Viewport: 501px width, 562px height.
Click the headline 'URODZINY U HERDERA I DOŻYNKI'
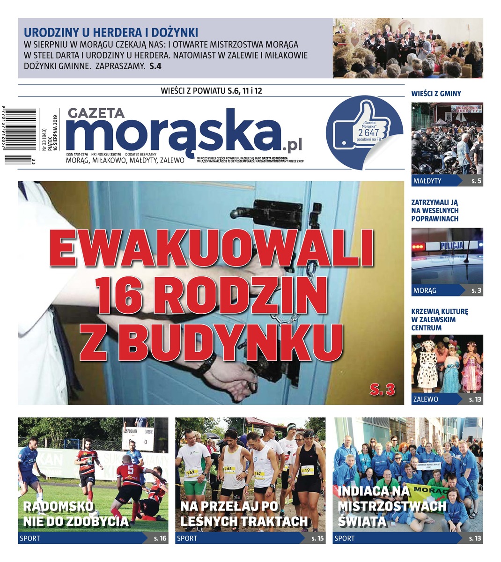pyautogui.click(x=111, y=33)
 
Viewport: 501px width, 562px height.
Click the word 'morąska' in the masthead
pyautogui.click(x=173, y=133)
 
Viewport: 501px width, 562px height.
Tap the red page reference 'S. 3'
pyautogui.click(x=382, y=388)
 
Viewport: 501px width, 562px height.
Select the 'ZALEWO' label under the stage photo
pyautogui.click(x=426, y=399)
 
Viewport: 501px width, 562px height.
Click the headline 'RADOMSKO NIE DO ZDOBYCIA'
pyautogui.click(x=75, y=514)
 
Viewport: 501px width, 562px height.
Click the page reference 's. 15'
pyautogui.click(x=317, y=539)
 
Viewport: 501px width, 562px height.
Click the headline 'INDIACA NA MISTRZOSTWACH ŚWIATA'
pyautogui.click(x=392, y=506)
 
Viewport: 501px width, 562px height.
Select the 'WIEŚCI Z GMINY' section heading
pyautogui.click(x=436, y=94)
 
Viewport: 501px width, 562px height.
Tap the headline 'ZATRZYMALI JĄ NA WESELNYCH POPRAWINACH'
pyautogui.click(x=435, y=210)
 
